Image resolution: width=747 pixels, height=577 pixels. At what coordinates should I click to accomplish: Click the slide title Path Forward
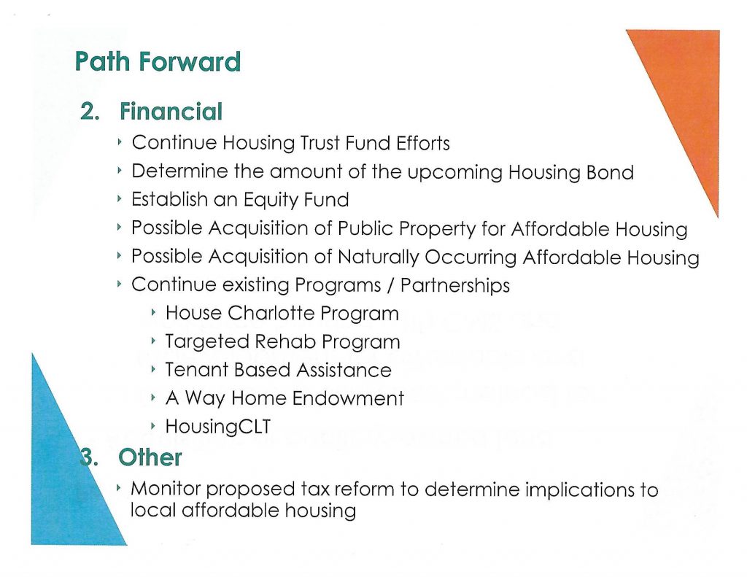[158, 61]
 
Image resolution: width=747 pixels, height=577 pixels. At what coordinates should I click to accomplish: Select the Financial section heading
[171, 112]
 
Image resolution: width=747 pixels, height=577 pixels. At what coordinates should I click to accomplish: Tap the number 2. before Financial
[90, 112]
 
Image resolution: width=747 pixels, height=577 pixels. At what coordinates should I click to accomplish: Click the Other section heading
[150, 457]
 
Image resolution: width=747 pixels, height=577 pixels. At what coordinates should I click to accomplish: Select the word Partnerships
[455, 285]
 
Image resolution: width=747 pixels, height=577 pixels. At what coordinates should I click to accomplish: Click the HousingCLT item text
[217, 427]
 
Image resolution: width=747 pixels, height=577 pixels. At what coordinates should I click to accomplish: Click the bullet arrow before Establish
[120, 198]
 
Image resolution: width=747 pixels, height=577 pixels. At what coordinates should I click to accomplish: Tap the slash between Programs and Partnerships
[391, 285]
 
